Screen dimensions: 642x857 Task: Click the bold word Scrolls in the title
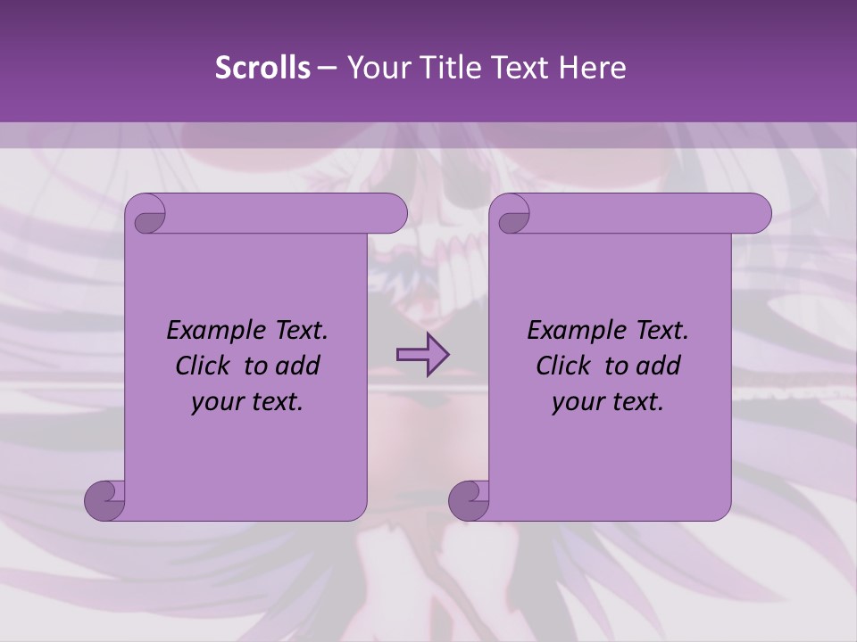262,68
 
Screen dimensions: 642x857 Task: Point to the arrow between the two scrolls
422,355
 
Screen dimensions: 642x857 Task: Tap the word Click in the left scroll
205,366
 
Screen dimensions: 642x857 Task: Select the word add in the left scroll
298,366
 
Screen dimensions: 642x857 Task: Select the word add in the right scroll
659,366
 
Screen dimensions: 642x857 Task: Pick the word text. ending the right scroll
639,402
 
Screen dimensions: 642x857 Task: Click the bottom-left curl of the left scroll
105,499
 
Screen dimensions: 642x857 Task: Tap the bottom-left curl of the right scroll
469,499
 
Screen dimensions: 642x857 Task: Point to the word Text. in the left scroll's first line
299,331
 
